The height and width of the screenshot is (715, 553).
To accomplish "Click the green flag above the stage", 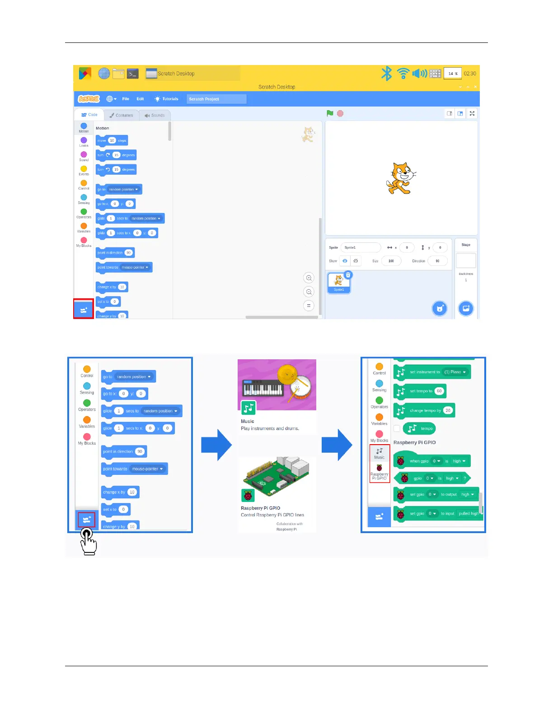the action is point(330,113).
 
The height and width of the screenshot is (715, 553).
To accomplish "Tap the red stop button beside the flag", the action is point(340,114).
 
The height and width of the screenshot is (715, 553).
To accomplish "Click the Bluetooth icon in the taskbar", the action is point(386,74).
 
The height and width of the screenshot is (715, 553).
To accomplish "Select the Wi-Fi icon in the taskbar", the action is point(403,74).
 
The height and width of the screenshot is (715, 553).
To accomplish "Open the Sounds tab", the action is point(155,115).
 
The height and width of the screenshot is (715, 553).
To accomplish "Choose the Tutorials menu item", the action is point(167,99).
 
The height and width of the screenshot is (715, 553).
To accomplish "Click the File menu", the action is point(126,99).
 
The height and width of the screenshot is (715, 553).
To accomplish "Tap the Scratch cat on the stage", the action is point(400,178).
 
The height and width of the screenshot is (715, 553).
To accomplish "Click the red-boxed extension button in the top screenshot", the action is point(84,310).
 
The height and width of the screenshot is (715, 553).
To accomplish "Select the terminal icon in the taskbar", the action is point(133,74).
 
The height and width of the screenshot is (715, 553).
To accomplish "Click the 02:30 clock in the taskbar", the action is point(470,74).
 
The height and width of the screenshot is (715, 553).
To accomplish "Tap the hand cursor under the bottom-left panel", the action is point(88,541).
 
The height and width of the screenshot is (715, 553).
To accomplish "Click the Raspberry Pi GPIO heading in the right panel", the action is point(414,442).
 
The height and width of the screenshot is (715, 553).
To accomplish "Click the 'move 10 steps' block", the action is point(112,140).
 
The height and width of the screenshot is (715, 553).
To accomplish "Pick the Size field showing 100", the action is point(391,261).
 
